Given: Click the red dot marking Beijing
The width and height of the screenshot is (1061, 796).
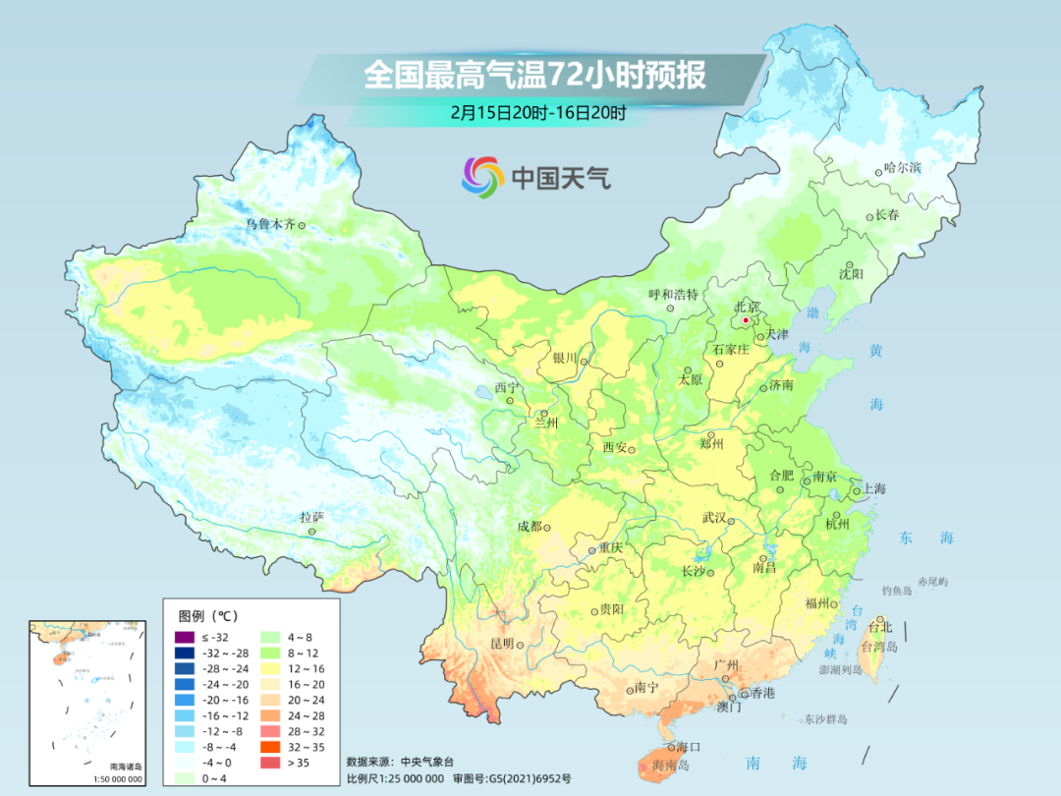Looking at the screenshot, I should coord(746,320).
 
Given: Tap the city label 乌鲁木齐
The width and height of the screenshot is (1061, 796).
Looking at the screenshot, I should coord(270,224).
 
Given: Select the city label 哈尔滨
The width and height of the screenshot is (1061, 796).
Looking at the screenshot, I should coord(902,168).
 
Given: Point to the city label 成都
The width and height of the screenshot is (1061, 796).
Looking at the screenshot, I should coord(530,527).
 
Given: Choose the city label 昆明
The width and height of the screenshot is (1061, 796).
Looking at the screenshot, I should coord(501,643).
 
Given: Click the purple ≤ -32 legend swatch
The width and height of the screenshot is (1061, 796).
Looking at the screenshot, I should coord(183,638).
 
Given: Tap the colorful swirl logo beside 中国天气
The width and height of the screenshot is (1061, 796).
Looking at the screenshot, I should coord(482,177).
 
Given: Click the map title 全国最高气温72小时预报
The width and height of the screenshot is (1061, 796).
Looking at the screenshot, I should coord(535,76).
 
